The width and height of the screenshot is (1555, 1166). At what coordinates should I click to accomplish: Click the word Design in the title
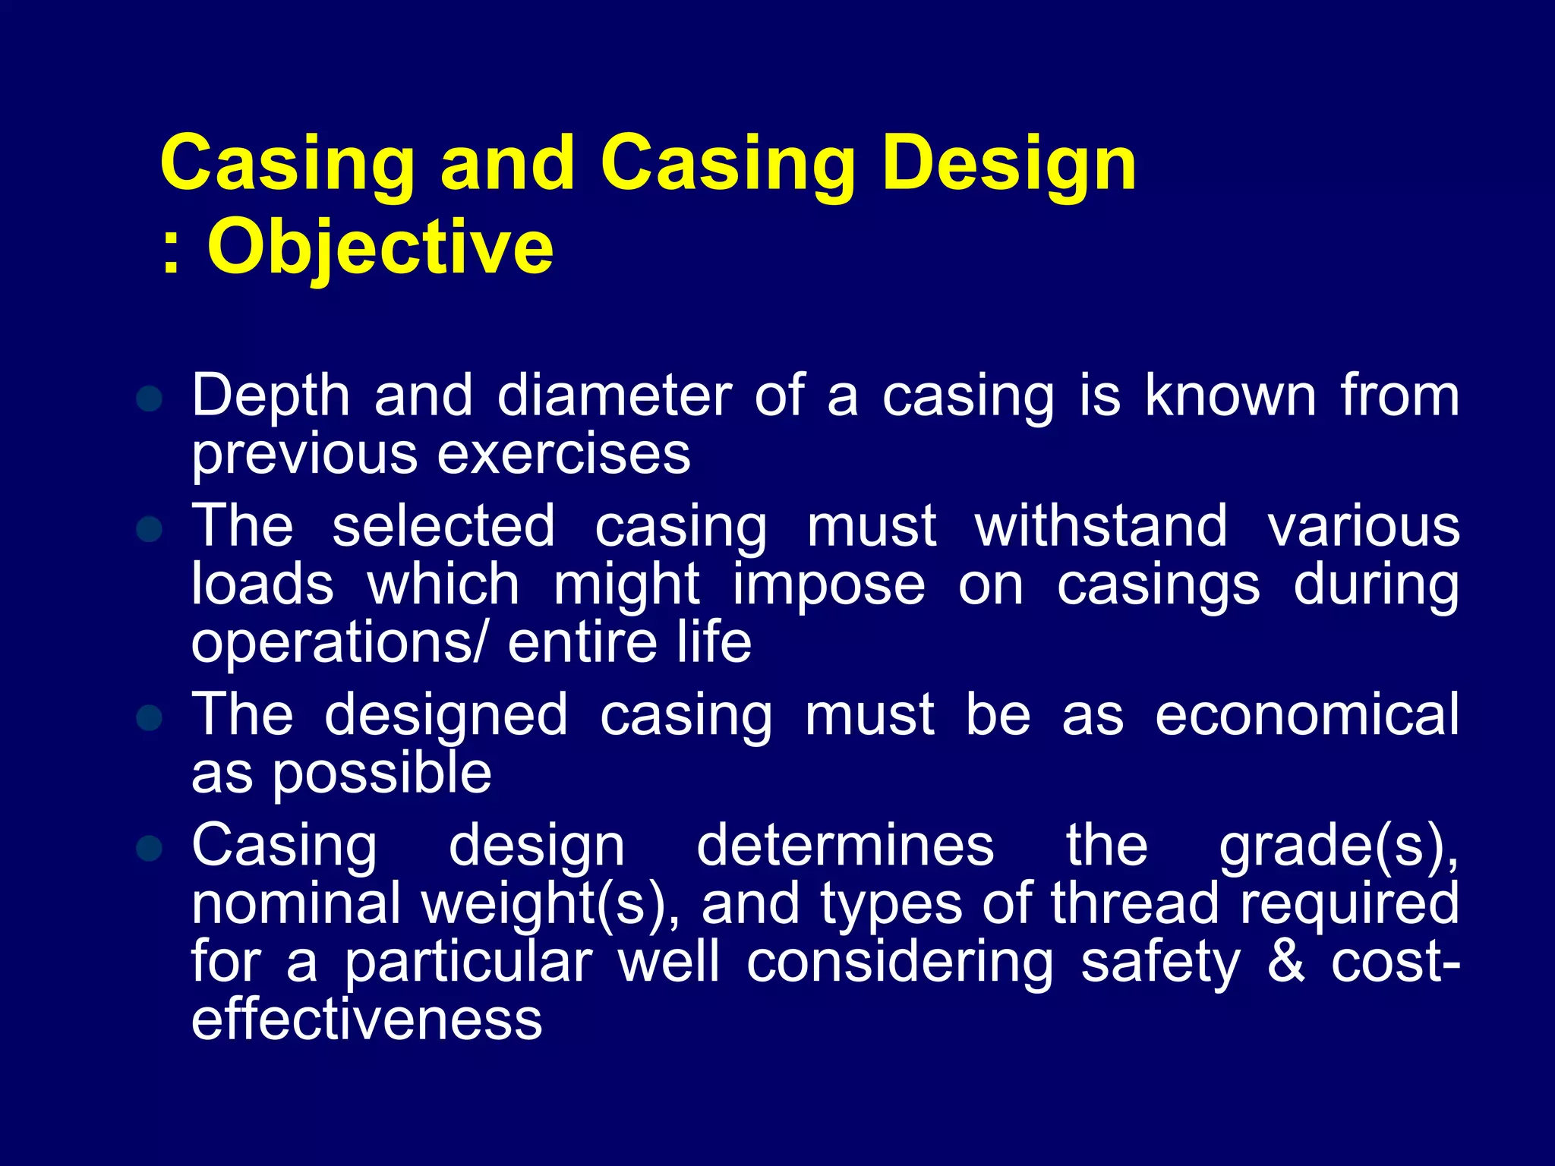(1009, 164)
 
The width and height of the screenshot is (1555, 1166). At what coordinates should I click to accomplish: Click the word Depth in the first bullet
(270, 397)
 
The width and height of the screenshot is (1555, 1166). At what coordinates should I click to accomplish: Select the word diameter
(614, 395)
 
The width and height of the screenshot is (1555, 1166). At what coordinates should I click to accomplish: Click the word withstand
(1101, 525)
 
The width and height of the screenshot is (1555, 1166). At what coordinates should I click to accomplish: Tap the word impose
(828, 586)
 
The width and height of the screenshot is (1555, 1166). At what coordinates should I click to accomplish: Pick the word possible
(382, 775)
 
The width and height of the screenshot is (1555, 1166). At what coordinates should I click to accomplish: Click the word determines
(845, 845)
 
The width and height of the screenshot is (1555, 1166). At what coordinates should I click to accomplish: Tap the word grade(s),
(1339, 846)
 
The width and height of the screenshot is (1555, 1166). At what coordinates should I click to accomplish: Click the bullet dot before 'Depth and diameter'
(150, 398)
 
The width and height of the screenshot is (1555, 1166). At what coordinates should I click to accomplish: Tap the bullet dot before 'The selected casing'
(150, 529)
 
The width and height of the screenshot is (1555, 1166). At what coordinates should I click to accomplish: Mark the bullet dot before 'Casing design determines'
(150, 848)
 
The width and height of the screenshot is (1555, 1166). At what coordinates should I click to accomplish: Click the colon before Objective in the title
(172, 251)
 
